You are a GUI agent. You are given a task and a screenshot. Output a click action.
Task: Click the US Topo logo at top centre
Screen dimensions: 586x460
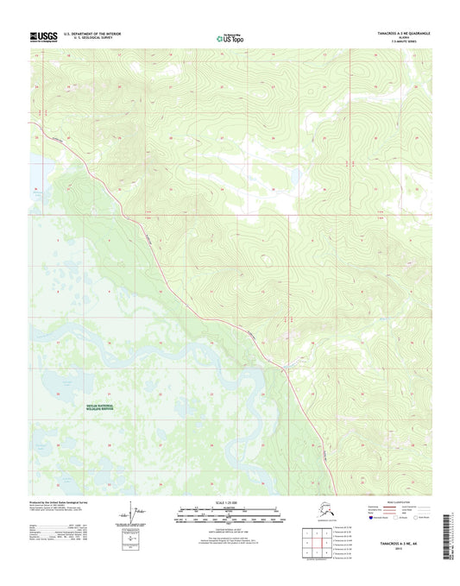[x=230, y=37]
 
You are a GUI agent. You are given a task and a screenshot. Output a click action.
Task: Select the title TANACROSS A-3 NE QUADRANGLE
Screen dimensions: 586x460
[x=394, y=33]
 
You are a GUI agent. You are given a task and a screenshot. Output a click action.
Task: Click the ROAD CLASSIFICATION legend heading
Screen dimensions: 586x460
[x=398, y=501]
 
